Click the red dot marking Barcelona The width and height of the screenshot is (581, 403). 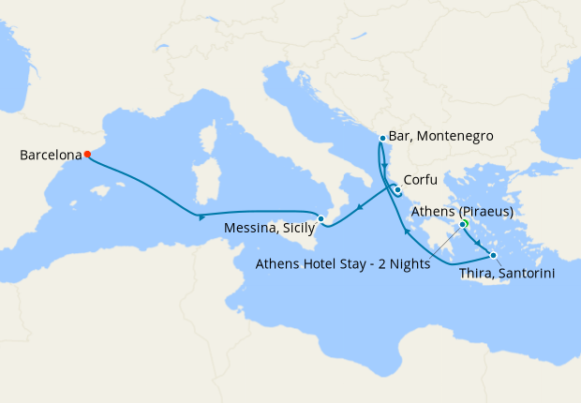tap(87, 154)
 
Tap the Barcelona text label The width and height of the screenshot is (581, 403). tap(49, 156)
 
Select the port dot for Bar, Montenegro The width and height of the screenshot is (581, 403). tap(382, 139)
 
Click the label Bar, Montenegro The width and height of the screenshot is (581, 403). tap(440, 136)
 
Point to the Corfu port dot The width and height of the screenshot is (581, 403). tap(397, 190)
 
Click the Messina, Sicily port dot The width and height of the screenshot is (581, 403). tap(320, 219)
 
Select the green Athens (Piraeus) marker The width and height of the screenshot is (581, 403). tap(463, 224)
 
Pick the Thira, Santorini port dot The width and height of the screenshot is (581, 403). tap(494, 255)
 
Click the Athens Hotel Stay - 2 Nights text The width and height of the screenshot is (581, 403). tap(343, 263)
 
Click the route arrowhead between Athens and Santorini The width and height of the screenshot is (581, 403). tap(479, 245)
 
